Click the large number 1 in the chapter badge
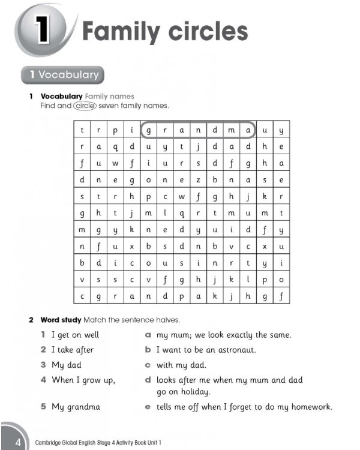[x=43, y=31]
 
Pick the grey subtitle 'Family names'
[x=110, y=96]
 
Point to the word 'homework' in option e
[x=310, y=407]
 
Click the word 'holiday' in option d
[x=193, y=392]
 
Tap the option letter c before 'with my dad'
[x=148, y=365]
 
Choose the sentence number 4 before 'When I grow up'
[x=43, y=380]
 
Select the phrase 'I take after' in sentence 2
[x=72, y=350]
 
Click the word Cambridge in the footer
[x=51, y=443]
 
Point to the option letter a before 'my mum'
[x=148, y=335]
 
